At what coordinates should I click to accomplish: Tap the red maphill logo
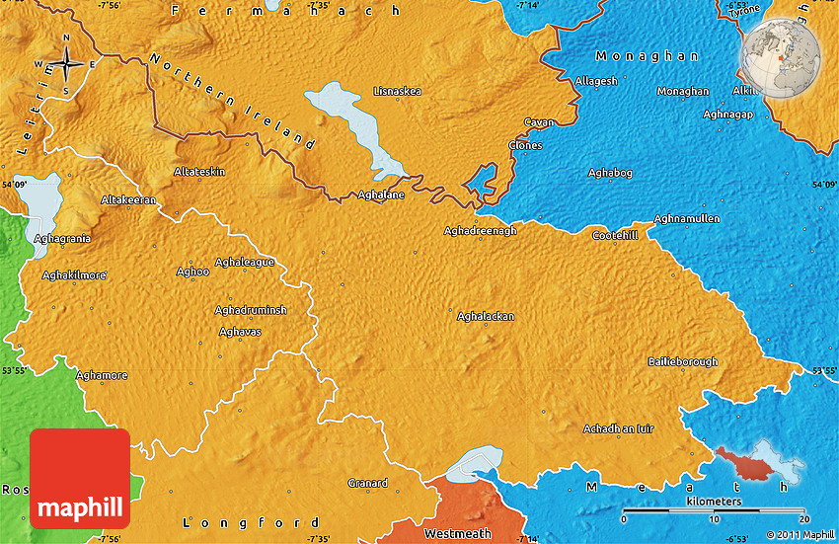80,479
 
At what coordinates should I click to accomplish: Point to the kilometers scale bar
715,513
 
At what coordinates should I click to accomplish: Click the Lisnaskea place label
398,92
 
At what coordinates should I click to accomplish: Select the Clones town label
525,146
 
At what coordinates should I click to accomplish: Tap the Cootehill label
615,235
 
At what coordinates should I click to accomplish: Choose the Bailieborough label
682,362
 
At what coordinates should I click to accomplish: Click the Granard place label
367,483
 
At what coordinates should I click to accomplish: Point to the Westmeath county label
457,533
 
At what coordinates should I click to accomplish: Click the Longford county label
254,522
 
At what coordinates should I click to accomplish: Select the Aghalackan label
485,316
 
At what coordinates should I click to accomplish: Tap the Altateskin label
199,172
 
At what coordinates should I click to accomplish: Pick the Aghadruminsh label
251,310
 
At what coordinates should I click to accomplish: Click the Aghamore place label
102,376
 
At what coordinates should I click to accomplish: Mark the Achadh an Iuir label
618,428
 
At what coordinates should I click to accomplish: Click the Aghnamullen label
687,218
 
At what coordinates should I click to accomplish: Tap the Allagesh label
596,81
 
